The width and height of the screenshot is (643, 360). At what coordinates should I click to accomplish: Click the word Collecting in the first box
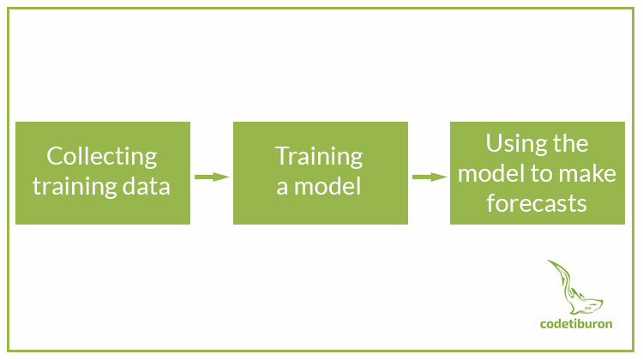[102, 157]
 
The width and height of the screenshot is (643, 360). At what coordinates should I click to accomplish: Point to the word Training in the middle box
[319, 157]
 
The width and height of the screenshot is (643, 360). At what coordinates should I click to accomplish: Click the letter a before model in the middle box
[282, 189]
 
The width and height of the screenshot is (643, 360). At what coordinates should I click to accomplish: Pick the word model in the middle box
[328, 186]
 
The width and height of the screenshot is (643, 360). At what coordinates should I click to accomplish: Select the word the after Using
[570, 143]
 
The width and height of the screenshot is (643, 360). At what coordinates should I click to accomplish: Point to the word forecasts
[537, 203]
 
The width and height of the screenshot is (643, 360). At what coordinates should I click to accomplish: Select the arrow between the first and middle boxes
[212, 177]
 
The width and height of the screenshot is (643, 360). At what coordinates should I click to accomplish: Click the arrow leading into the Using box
[430, 177]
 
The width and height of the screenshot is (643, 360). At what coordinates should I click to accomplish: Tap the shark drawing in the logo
[575, 287]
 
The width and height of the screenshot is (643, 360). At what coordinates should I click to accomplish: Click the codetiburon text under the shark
[576, 324]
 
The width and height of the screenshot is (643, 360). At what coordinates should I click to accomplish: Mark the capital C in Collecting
[54, 156]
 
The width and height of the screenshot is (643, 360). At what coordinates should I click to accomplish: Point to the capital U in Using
[494, 143]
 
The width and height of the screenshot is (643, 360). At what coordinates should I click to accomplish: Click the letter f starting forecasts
[491, 202]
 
